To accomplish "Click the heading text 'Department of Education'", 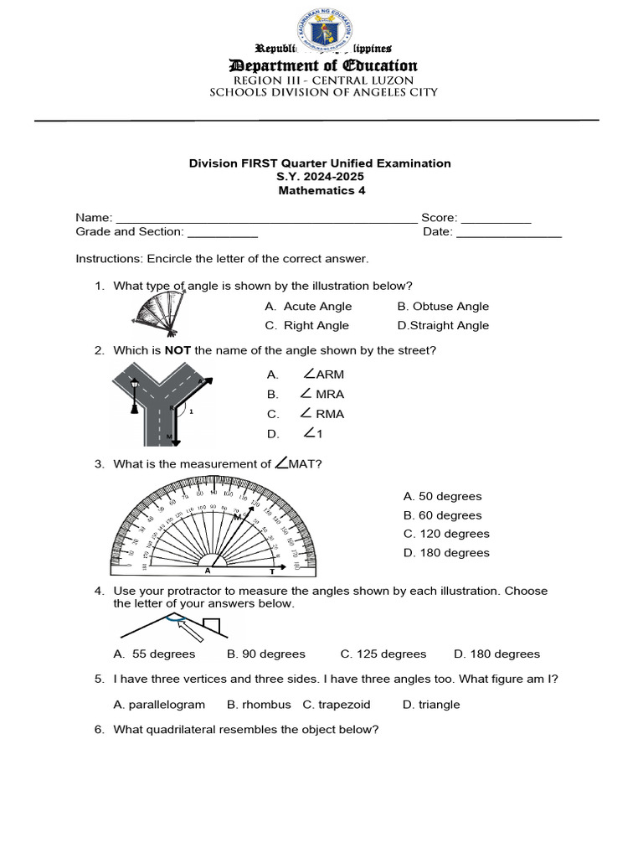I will (x=322, y=66).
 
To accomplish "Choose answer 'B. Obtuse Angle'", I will (x=443, y=307).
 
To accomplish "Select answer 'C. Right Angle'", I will (x=306, y=326).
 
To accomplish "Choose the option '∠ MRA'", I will (x=321, y=394).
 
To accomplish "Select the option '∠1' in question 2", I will (x=312, y=433).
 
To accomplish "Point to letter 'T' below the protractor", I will (x=271, y=571).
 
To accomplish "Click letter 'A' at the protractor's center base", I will (x=207, y=571).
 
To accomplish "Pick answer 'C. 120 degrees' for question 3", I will (x=446, y=534).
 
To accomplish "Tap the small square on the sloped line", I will (x=211, y=626).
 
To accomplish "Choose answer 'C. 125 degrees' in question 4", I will (x=383, y=654).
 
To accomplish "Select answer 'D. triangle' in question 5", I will (x=431, y=705).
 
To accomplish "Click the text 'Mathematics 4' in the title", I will (x=321, y=190).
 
